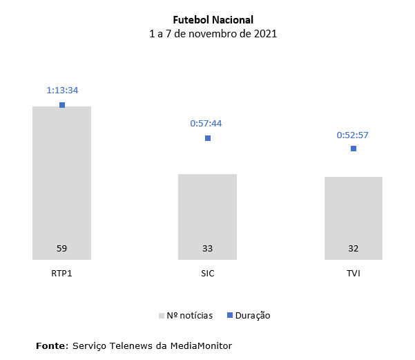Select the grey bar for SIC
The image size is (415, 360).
(x=207, y=214)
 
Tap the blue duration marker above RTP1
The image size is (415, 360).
(x=62, y=105)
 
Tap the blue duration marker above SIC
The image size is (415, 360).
(x=208, y=138)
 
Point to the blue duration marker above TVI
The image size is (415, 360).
(x=354, y=149)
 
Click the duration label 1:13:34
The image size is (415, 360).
(x=62, y=91)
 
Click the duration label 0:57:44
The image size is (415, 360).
(x=207, y=124)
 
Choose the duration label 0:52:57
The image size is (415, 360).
(x=354, y=135)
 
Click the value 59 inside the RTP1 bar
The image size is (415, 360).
(x=62, y=248)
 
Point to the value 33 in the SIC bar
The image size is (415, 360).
(x=207, y=248)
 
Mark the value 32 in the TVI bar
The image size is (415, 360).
(x=354, y=248)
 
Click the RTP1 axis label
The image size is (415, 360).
(x=62, y=274)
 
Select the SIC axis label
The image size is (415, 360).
(x=207, y=274)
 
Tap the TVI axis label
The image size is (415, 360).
(x=354, y=274)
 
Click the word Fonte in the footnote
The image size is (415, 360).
(x=52, y=344)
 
